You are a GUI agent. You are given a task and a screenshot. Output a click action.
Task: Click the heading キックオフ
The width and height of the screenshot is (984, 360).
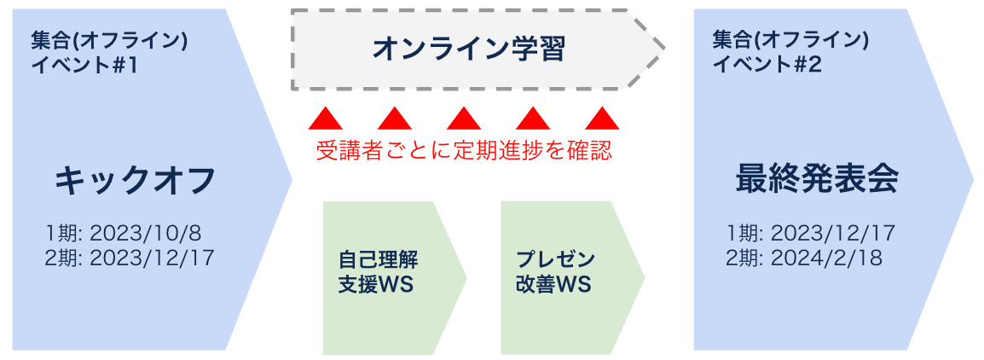coord(135,181)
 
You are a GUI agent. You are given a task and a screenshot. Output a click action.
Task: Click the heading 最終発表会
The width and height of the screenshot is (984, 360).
coord(817,181)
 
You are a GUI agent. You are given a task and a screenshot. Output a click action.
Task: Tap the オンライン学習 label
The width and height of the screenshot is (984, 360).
coord(469,49)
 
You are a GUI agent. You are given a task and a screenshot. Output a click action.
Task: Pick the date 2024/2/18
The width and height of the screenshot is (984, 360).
coord(826,257)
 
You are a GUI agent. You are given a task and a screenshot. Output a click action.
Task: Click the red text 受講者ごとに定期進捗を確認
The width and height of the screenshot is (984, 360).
coord(464,150)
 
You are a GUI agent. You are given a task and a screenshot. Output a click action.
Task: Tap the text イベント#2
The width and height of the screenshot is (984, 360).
coord(767,65)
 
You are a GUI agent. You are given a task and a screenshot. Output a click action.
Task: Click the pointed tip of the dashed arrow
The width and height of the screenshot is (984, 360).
coord(662,49)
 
